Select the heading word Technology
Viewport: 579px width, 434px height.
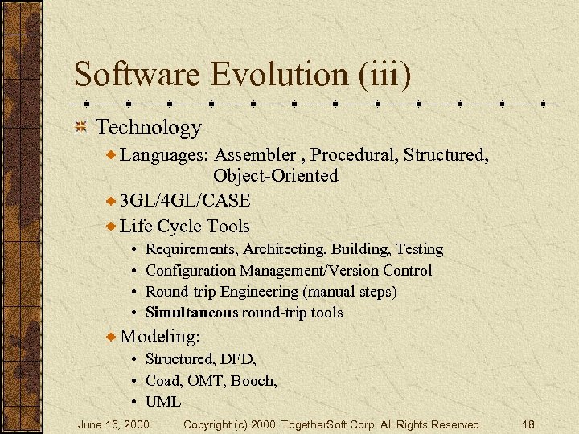click(x=148, y=127)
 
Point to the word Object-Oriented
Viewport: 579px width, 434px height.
click(x=275, y=175)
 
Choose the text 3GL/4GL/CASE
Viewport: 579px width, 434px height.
click(x=185, y=201)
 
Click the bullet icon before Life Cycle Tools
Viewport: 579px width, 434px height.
click(x=111, y=226)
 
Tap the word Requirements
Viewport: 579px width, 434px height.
click(x=192, y=250)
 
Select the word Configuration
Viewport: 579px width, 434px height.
click(x=193, y=271)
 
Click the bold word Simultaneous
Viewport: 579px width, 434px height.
click(x=192, y=313)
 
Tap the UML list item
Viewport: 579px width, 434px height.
click(x=163, y=402)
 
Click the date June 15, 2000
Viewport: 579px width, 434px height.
click(x=113, y=424)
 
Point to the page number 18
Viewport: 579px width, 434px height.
click(x=528, y=424)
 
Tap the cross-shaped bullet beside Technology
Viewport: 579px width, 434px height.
click(x=81, y=127)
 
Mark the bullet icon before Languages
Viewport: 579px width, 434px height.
click(x=111, y=154)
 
